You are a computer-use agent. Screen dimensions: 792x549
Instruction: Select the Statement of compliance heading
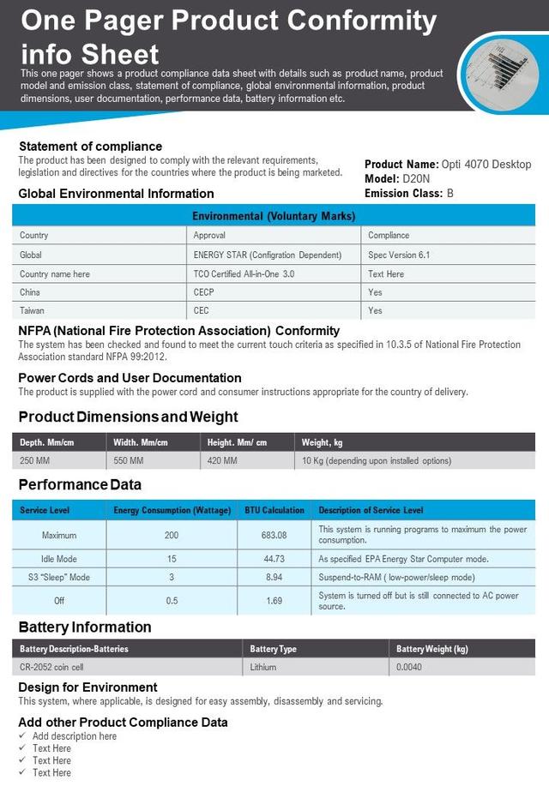tap(90, 147)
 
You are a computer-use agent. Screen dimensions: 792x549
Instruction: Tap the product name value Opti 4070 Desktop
tap(486, 165)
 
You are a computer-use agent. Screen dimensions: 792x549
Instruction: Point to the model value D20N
tap(418, 179)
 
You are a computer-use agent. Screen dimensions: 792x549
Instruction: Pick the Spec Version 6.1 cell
tap(399, 255)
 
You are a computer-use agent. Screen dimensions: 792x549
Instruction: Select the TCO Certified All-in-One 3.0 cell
tap(244, 273)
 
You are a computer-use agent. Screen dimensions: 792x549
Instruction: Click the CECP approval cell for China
tap(203, 292)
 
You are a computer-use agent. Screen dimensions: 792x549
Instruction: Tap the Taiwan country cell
tap(32, 310)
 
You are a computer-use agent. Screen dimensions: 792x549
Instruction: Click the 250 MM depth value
tap(36, 461)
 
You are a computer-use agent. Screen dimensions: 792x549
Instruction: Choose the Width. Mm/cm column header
tap(141, 442)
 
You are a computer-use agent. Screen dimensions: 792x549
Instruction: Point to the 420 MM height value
tap(222, 461)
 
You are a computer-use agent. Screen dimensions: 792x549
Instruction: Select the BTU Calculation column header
tap(274, 510)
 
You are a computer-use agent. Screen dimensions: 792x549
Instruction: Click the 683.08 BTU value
tap(274, 535)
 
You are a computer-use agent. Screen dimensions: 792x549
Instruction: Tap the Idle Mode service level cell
tap(59, 559)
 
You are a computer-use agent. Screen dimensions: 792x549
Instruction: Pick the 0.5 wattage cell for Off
tap(172, 601)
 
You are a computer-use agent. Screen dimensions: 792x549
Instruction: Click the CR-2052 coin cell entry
tap(51, 667)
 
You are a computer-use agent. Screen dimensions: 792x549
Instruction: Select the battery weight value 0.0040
tap(409, 667)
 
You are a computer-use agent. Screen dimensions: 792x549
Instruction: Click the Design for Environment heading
tap(87, 687)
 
